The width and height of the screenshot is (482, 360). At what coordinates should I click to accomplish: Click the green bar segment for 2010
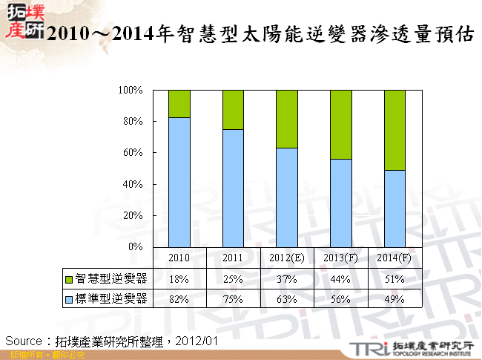click(179, 104)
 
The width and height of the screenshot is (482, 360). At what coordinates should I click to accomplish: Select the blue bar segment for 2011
click(234, 188)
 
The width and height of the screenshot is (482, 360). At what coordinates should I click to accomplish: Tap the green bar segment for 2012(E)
click(287, 119)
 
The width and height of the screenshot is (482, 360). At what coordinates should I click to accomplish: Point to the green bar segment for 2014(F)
click(395, 130)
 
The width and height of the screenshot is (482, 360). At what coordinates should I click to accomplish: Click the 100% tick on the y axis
click(131, 90)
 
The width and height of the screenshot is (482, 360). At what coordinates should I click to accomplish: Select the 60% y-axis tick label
click(133, 153)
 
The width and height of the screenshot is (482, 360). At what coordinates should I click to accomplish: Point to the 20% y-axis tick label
click(133, 215)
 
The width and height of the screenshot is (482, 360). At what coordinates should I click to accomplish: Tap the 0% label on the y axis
click(135, 246)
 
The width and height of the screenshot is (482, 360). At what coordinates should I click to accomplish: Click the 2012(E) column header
click(287, 257)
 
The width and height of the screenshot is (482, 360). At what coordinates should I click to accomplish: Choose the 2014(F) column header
click(395, 257)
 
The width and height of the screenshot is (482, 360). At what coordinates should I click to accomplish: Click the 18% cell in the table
click(179, 279)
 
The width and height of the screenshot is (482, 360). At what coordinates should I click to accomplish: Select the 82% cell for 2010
click(179, 299)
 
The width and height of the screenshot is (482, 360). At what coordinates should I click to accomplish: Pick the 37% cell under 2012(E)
click(287, 279)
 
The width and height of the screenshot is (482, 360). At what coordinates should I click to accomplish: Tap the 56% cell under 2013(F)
click(341, 299)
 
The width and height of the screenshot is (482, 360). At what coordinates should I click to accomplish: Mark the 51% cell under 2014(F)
click(395, 279)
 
